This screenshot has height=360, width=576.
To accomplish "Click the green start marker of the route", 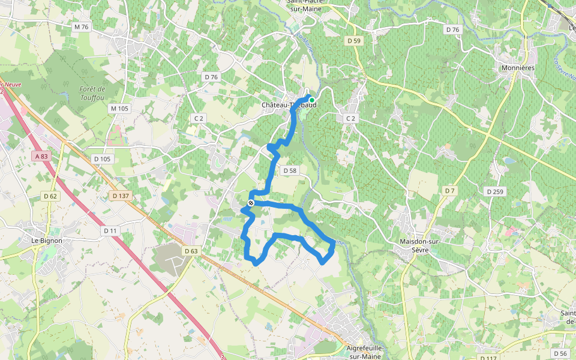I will pos(311,100).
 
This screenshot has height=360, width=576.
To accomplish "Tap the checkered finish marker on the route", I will pos(250,203).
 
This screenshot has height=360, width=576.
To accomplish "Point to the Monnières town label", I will pos(517,68).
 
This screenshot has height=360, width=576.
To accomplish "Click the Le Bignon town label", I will pos(47,241).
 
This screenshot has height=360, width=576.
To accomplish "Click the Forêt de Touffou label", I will pos(92,93).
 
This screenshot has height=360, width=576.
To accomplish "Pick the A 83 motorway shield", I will pos(41,156).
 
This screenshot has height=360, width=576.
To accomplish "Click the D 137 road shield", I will pos(121,196).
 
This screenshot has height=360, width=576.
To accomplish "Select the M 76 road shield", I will pos(81,27).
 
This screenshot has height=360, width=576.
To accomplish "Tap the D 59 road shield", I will pos(355,41).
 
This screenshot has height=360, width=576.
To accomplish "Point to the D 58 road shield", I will pos(289,171).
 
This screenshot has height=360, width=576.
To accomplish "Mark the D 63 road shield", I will pos(191,251).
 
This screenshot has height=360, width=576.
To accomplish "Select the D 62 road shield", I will pos(50,196).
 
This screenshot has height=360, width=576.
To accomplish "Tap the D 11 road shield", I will pos(110,230).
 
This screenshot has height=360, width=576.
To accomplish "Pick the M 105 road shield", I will pos(119,109).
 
